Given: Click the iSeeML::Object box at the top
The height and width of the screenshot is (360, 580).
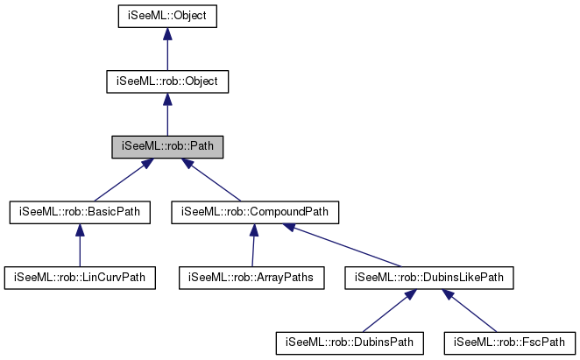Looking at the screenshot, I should (167, 16).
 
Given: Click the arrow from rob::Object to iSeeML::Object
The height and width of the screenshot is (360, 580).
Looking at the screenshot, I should (167, 49).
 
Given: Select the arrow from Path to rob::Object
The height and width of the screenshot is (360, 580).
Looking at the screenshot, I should (167, 114).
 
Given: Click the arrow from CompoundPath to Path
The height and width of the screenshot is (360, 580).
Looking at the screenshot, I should (211, 179).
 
